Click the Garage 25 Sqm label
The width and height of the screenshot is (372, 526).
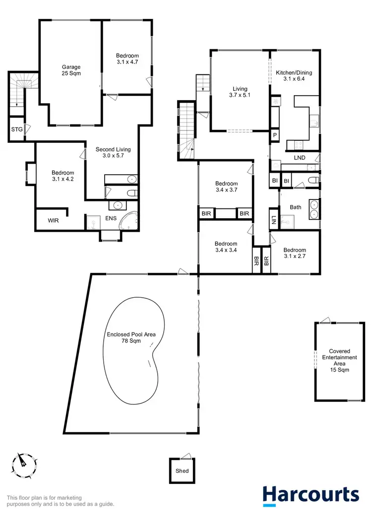(x=71, y=70)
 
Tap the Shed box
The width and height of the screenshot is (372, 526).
(x=182, y=470)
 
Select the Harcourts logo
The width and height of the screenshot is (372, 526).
(x=310, y=496)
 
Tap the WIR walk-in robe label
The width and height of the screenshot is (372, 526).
(x=54, y=220)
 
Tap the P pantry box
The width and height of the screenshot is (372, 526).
(x=274, y=135)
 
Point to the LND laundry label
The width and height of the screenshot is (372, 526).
(x=300, y=158)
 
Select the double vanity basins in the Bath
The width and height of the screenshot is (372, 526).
(x=313, y=208)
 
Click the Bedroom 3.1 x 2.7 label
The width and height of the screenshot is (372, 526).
(x=295, y=254)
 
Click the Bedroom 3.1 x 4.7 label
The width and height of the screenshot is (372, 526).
(x=127, y=60)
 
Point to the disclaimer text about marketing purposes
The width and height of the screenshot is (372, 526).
(x=61, y=501)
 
